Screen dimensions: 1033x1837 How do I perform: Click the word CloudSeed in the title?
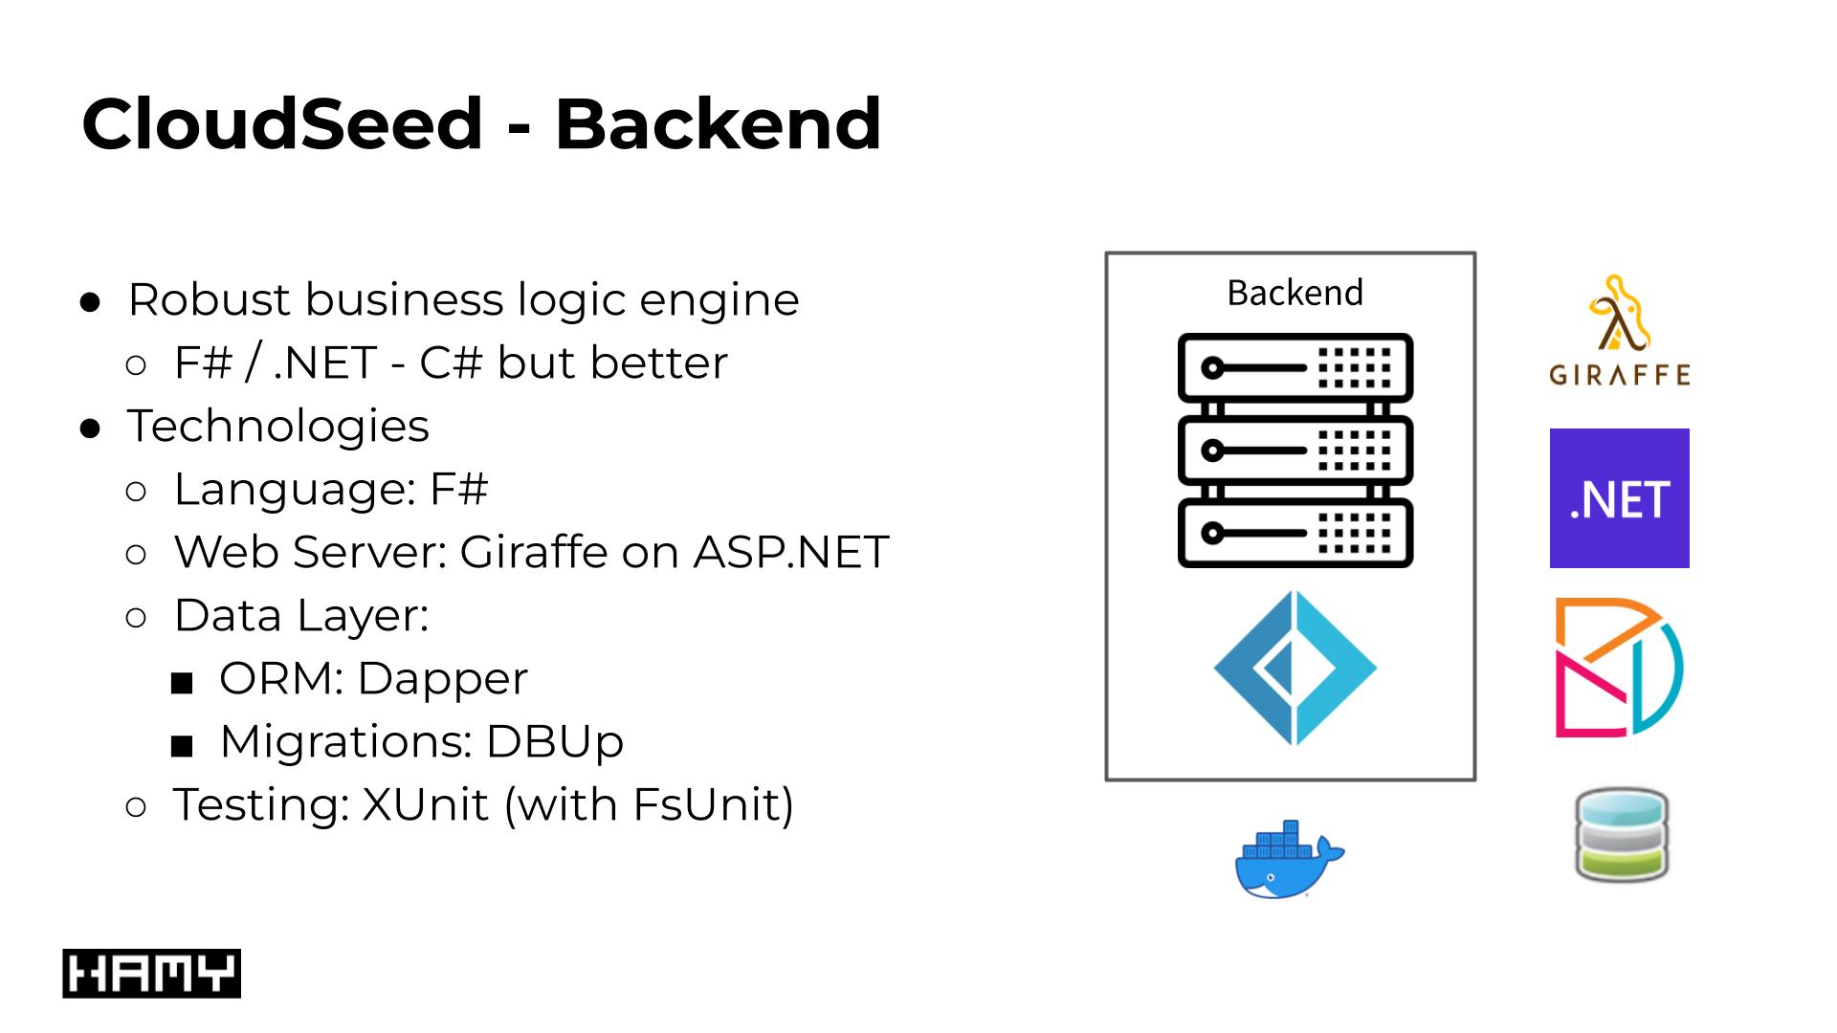click(x=282, y=124)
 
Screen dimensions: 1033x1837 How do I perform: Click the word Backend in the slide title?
click(x=718, y=124)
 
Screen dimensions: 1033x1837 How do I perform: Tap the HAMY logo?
click(x=151, y=974)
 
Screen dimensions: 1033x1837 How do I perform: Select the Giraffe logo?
click(x=1619, y=331)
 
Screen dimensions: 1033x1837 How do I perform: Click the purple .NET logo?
click(x=1619, y=498)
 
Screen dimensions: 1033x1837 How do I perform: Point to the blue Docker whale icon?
click(x=1288, y=860)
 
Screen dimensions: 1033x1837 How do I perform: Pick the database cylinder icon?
click(x=1621, y=835)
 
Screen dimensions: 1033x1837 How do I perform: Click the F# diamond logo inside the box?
click(x=1295, y=668)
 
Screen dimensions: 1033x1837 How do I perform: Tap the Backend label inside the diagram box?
click(x=1295, y=293)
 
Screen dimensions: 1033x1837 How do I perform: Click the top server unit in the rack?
click(x=1295, y=367)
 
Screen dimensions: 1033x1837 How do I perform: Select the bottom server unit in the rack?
click(x=1295, y=533)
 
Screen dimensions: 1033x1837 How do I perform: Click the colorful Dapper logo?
click(x=1619, y=668)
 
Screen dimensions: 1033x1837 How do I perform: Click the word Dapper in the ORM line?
click(x=442, y=678)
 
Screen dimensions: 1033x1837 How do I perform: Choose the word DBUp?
click(x=555, y=741)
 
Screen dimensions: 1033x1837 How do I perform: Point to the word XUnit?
click(x=425, y=804)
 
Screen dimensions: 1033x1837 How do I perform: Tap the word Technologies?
click(x=278, y=426)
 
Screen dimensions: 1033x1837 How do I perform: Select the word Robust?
click(x=210, y=299)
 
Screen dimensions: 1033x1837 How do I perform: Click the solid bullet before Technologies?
click(x=91, y=429)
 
